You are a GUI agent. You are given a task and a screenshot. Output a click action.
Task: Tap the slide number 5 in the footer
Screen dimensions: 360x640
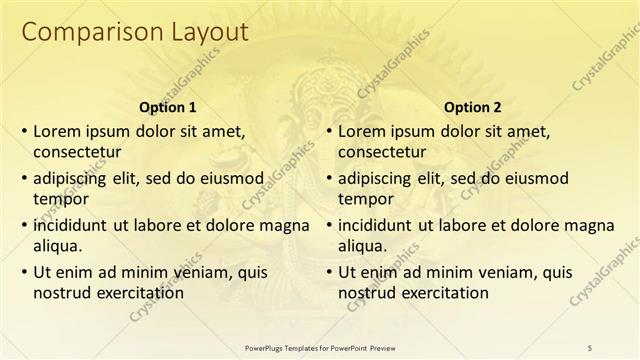[x=590, y=346]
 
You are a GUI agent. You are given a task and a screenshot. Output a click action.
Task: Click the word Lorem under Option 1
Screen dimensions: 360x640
[x=58, y=131]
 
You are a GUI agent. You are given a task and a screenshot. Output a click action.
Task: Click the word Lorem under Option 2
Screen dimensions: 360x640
[x=363, y=131]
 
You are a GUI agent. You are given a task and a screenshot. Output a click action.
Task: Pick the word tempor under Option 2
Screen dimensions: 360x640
[x=364, y=199]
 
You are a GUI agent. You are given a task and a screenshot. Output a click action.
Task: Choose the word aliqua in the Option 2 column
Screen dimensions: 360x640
[x=364, y=245]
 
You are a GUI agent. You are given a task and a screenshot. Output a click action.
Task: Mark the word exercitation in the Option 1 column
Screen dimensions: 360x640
[x=139, y=292]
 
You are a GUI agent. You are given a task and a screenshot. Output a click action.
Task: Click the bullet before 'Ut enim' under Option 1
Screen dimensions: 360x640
[x=24, y=272]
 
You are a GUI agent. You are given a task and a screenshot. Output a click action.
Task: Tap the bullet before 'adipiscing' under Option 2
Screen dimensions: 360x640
[x=329, y=179]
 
